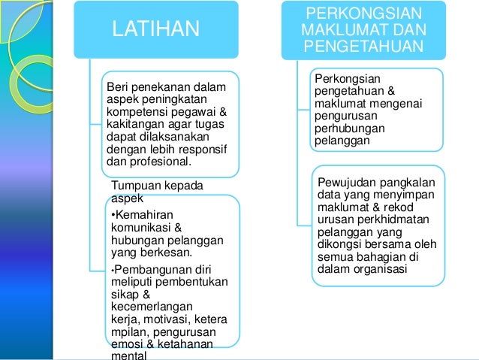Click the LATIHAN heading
tap(155, 30)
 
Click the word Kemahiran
tap(141, 213)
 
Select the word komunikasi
tap(137, 226)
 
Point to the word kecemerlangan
tap(146, 307)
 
